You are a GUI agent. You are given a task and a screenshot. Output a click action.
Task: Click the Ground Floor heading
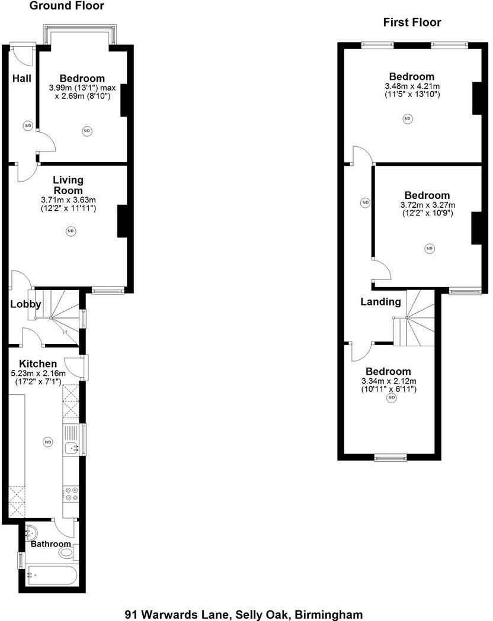point(66,5)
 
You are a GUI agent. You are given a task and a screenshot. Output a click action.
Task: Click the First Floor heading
point(412,22)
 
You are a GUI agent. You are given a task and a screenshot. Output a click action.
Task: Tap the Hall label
point(22,78)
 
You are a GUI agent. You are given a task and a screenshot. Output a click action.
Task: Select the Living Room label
point(68,185)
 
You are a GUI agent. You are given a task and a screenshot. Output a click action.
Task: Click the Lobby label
point(25,304)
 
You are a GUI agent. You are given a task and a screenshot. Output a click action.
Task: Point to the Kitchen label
point(38,363)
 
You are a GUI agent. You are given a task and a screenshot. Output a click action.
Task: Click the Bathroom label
point(51,544)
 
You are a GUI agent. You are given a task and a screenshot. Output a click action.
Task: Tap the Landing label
point(380,302)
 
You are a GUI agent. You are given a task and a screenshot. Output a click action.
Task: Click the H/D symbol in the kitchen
point(47,442)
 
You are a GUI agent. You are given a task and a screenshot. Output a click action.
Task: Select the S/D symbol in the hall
point(28,126)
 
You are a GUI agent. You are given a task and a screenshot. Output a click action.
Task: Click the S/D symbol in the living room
point(71,231)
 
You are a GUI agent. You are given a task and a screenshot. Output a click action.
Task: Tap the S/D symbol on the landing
point(365,203)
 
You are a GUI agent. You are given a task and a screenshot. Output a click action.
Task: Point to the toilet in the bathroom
point(68,552)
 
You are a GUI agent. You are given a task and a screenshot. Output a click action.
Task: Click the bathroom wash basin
point(31,533)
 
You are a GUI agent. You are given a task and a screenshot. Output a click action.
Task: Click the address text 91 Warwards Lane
point(177,614)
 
